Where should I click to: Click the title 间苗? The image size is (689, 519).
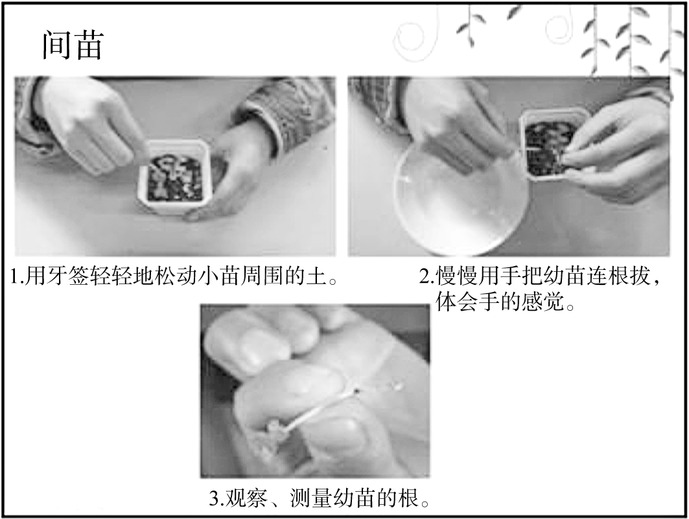pyautogui.click(x=73, y=45)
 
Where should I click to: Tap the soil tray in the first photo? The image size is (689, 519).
pyautogui.click(x=176, y=177)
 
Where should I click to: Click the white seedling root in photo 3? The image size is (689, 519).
pyautogui.click(x=321, y=407)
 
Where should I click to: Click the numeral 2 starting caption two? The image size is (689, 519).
pyautogui.click(x=425, y=277)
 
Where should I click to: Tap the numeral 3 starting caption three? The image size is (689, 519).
pyautogui.click(x=214, y=499)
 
